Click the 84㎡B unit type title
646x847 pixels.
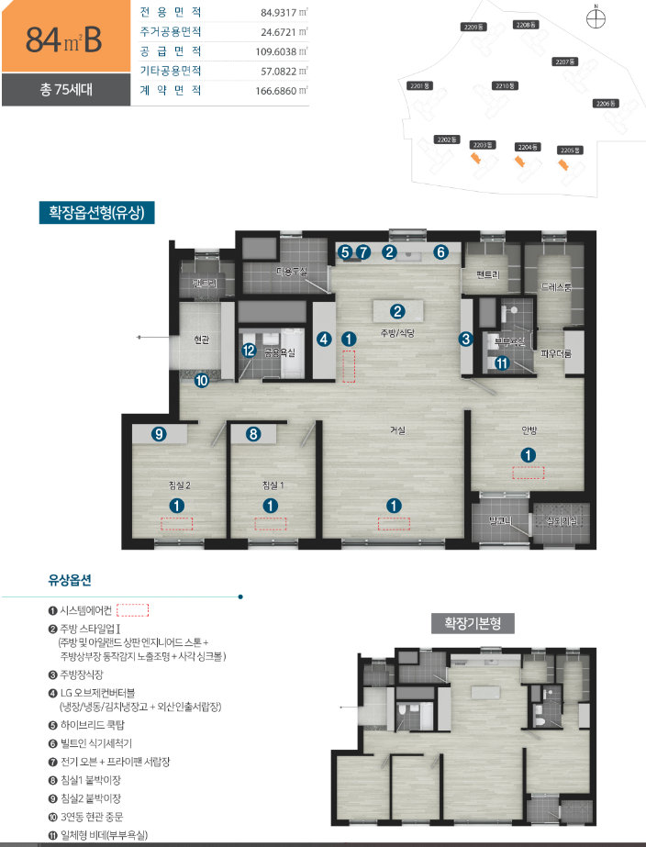click(63, 39)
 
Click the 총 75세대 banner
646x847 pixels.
click(61, 90)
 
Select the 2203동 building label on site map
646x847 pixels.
click(481, 145)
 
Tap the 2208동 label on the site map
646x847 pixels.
click(524, 24)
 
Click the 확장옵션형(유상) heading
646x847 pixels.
click(96, 213)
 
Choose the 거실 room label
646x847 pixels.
click(397, 429)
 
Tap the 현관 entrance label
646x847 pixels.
click(202, 339)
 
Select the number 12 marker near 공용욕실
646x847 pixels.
click(249, 350)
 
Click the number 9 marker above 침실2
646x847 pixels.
click(159, 434)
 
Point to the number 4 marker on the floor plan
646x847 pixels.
click(324, 339)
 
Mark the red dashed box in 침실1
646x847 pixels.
click(270, 524)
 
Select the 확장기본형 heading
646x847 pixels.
click(473, 623)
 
